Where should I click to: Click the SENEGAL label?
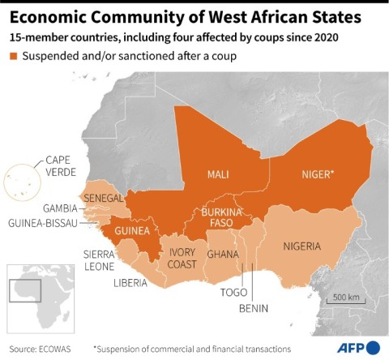[x=103, y=199]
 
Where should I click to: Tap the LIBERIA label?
[x=130, y=282]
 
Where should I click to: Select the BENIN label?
[x=253, y=309]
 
